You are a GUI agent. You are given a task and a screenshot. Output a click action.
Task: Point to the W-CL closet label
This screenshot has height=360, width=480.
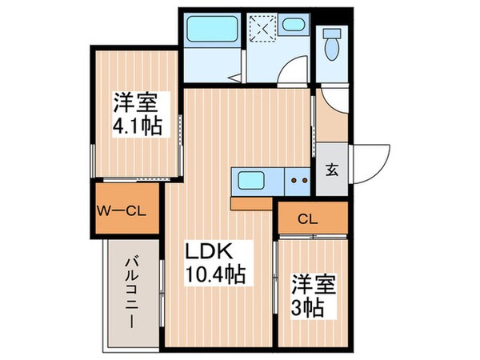(x=120, y=211)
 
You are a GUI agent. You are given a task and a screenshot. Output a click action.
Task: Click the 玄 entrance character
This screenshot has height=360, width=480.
(x=331, y=169)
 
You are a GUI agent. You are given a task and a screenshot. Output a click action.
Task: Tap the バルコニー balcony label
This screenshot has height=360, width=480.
(x=130, y=292)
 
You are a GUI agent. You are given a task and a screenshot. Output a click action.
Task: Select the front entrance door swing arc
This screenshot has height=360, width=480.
(x=370, y=164)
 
